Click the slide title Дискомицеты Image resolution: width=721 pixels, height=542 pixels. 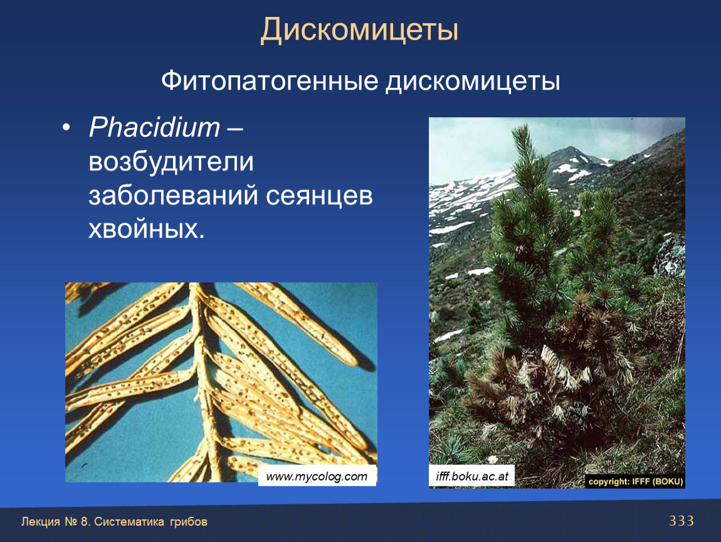coord(359,30)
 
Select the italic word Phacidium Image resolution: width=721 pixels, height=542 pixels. coord(154,127)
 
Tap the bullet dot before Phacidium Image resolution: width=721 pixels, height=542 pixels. coord(66,127)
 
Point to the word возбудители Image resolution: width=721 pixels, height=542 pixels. coord(171,161)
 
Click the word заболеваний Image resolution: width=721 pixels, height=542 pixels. coord(173,195)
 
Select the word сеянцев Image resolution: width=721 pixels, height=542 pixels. coord(319,196)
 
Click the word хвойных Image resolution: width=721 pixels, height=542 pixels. coord(146,229)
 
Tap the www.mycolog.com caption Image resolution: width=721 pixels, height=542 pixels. coord(317,476)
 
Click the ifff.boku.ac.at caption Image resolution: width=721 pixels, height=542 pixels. coord(471,476)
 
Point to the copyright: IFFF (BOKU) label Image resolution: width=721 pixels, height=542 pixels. coord(636,482)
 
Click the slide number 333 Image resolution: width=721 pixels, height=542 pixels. coord(682,521)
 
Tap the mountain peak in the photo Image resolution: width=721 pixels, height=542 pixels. coord(571,149)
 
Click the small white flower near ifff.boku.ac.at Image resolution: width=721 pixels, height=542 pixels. coord(493,459)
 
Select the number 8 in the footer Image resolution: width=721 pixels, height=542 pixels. coord(83,522)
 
